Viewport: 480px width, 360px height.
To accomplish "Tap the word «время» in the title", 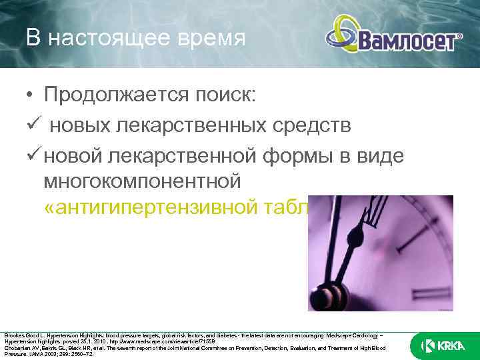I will pos(210,37).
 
